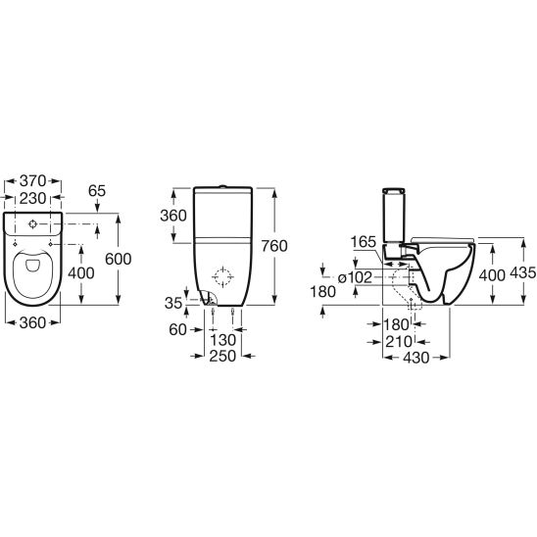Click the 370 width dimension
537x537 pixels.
pos(32,180)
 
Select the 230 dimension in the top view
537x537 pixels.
pos(32,198)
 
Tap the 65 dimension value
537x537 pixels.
pos(97,191)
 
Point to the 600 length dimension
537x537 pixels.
pos(119,259)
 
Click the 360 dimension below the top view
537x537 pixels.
pos(32,322)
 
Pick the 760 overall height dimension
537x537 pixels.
pos(274,246)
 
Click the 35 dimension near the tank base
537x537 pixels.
pos(173,303)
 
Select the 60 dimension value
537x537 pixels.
pos(177,329)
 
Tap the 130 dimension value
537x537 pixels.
pos(222,340)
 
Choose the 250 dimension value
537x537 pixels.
pos(222,356)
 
